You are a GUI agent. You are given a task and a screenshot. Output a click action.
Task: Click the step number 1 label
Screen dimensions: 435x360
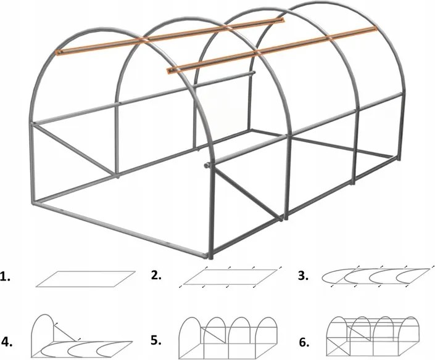coord(6,277)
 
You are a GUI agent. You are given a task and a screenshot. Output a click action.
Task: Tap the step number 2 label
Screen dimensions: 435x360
coord(156,276)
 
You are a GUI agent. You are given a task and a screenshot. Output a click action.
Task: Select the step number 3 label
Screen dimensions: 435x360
coord(303,276)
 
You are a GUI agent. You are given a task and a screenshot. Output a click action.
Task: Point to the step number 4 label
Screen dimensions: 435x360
coord(7,342)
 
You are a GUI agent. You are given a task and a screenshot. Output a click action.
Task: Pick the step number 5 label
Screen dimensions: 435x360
coord(156,340)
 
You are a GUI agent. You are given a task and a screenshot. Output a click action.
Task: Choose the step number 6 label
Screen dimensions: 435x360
coord(304,343)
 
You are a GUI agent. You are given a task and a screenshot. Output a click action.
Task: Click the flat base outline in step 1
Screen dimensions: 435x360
coord(86,279)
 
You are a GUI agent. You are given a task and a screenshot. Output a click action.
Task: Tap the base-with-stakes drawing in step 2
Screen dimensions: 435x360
coord(230,277)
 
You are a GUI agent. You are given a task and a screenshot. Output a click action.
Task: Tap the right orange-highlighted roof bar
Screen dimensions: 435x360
coord(271,50)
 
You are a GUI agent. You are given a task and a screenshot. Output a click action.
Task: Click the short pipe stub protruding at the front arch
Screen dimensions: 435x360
coord(207,165)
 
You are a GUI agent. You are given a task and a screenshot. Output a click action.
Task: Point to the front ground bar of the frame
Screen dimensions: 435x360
coord(120,230)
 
